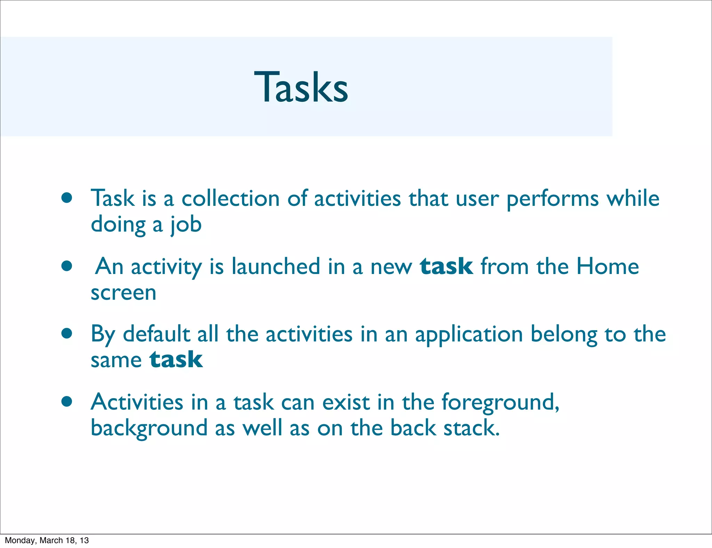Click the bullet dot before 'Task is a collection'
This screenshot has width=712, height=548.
point(67,198)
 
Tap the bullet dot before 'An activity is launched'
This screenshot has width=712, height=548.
point(67,266)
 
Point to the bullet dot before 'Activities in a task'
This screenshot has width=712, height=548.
point(67,402)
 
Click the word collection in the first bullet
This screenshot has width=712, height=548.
point(230,199)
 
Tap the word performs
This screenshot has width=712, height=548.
point(552,199)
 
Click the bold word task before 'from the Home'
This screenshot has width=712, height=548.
point(446,266)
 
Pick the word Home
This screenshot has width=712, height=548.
point(607,266)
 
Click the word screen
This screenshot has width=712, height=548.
point(123,293)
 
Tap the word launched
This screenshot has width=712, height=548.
point(276,266)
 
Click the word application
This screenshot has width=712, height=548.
point(469,335)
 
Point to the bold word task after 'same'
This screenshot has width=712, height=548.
point(176,360)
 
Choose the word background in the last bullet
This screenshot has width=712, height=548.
point(149,428)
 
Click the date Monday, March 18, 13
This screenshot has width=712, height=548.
point(47,540)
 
